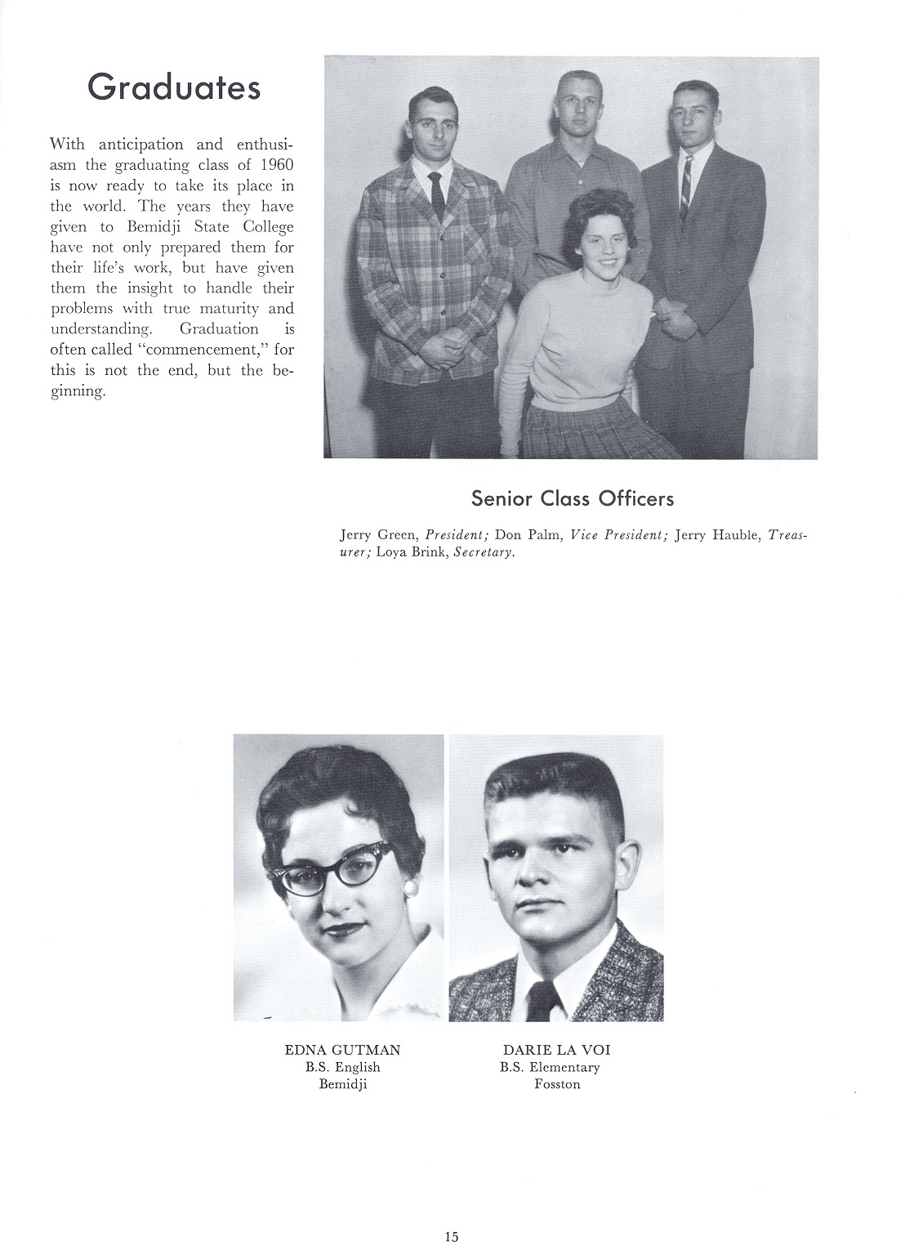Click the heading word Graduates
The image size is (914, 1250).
(174, 87)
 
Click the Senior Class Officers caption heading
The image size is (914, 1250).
(572, 498)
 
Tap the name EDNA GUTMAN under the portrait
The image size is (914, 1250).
(342, 1050)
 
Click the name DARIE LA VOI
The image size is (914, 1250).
(557, 1050)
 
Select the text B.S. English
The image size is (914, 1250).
(342, 1067)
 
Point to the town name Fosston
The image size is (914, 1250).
(557, 1084)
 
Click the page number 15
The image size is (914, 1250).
(452, 1236)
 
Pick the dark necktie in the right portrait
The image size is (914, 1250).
(542, 1001)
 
